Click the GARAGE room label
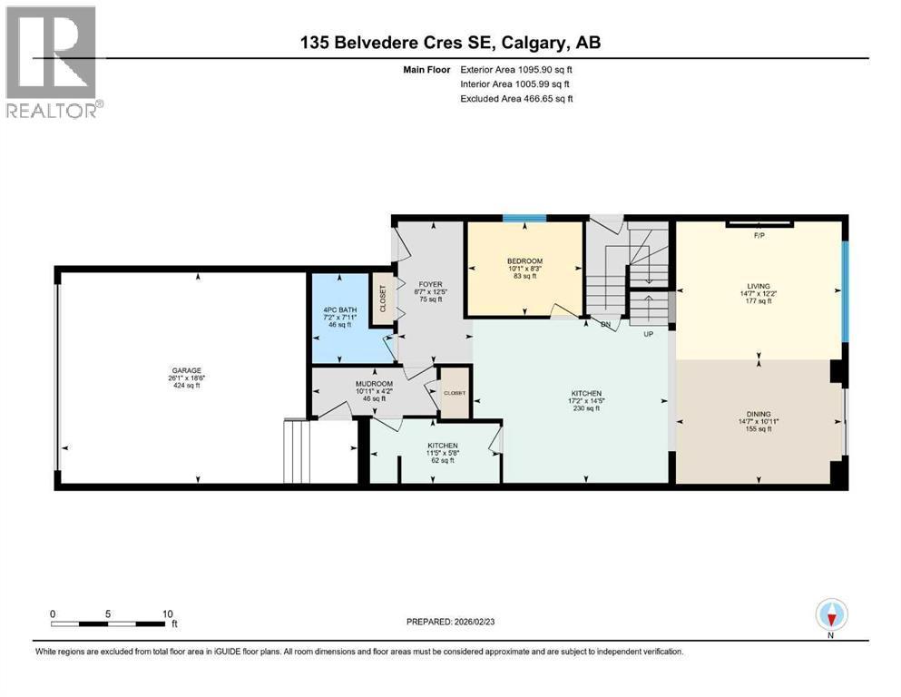click(187, 370)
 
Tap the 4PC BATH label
click(340, 309)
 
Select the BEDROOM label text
click(524, 260)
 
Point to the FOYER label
click(430, 284)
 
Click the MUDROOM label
click(374, 384)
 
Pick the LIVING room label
click(759, 286)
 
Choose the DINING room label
click(759, 414)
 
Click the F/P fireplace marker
click(759, 236)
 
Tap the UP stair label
click(648, 334)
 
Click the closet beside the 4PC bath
click(382, 299)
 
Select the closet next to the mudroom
click(455, 394)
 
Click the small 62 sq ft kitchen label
click(443, 460)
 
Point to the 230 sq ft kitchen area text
click(586, 408)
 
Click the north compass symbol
click(831, 614)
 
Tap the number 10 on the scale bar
click(167, 614)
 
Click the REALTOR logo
click(52, 62)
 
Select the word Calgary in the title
click(530, 43)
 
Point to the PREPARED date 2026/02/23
click(475, 622)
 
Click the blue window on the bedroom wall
click(524, 218)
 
